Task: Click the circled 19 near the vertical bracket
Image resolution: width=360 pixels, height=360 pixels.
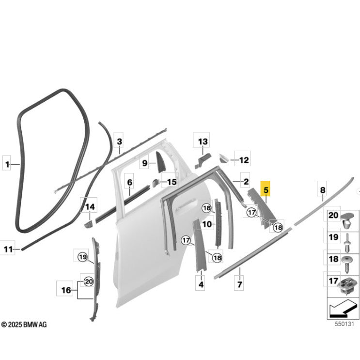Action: point(83,257)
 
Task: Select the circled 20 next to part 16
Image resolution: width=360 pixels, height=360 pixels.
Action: point(89,281)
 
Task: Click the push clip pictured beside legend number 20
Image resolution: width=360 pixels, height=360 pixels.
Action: point(347,221)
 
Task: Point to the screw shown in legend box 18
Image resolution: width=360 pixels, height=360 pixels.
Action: point(347,264)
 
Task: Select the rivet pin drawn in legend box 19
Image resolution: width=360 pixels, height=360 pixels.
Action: point(347,243)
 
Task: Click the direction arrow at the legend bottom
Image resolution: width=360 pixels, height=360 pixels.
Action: point(342,308)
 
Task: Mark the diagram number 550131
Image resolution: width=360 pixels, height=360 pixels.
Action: point(344,324)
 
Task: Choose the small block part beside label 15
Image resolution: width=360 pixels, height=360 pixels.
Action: point(155,183)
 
